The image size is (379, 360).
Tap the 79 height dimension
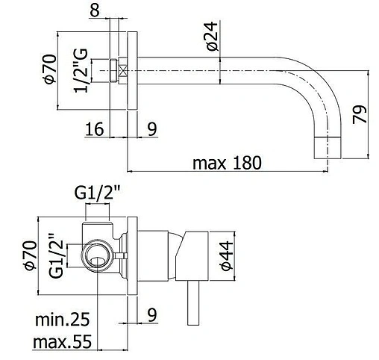360,114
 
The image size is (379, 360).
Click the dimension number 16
94,129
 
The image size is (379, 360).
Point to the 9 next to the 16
151,129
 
